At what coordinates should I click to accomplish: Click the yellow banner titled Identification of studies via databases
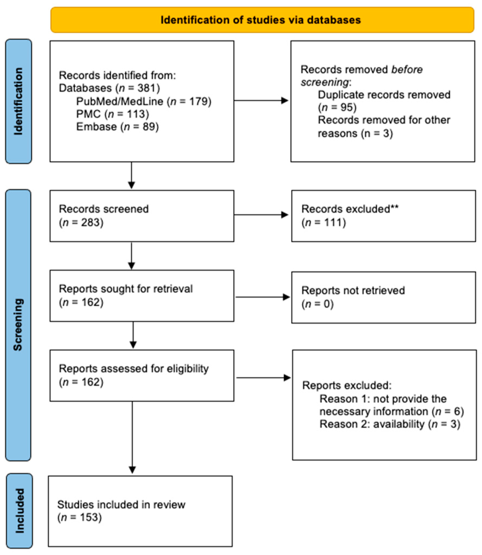click(262, 20)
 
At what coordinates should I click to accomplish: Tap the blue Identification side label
click(18, 101)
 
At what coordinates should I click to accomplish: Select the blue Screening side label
click(18, 324)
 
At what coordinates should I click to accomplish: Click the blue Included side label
click(19, 511)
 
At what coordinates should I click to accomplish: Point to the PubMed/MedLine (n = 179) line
click(144, 101)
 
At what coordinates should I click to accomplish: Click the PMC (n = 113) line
click(112, 114)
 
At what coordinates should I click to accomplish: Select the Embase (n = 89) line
click(117, 127)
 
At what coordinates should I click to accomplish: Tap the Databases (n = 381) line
click(109, 88)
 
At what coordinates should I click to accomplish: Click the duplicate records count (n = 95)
click(337, 107)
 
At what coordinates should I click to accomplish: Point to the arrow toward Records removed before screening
click(261, 101)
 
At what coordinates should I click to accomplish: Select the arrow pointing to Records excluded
click(261, 215)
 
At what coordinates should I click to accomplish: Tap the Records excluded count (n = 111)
click(324, 222)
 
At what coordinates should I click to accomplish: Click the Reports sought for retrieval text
click(126, 289)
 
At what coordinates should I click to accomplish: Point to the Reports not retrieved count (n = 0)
click(317, 304)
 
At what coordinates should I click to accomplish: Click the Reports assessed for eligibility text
click(134, 369)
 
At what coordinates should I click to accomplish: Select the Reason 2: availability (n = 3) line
click(390, 424)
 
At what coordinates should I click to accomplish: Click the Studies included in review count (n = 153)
click(79, 517)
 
